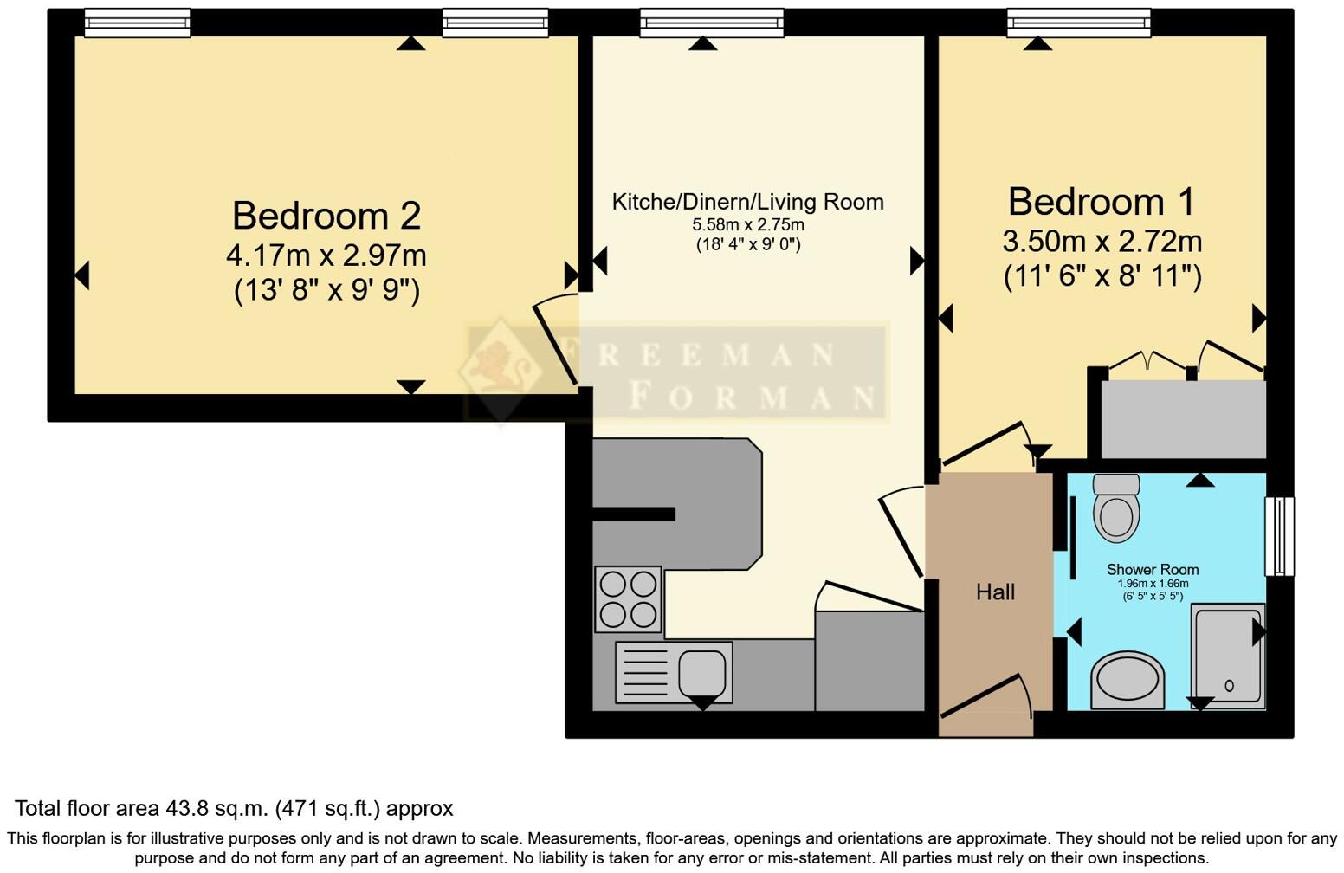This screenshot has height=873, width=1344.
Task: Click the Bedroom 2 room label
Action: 326,216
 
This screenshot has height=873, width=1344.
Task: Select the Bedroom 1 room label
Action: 1101,202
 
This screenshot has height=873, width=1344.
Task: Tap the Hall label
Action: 995,592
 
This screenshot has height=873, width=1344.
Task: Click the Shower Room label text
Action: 1152,570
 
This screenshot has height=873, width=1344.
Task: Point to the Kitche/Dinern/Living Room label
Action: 747,202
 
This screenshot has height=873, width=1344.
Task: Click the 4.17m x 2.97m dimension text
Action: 326,255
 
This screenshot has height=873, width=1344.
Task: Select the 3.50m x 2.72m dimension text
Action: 1102,241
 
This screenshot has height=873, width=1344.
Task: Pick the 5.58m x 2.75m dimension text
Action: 747,225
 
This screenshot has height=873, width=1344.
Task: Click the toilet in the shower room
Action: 1116,508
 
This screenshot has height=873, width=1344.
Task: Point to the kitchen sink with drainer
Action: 674,672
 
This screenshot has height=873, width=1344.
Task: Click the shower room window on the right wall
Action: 1279,536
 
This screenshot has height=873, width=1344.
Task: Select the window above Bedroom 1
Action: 1078,23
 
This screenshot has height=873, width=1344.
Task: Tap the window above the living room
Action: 711,23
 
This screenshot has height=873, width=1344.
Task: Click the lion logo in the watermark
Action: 501,368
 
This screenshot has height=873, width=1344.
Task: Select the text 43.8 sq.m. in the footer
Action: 217,809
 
